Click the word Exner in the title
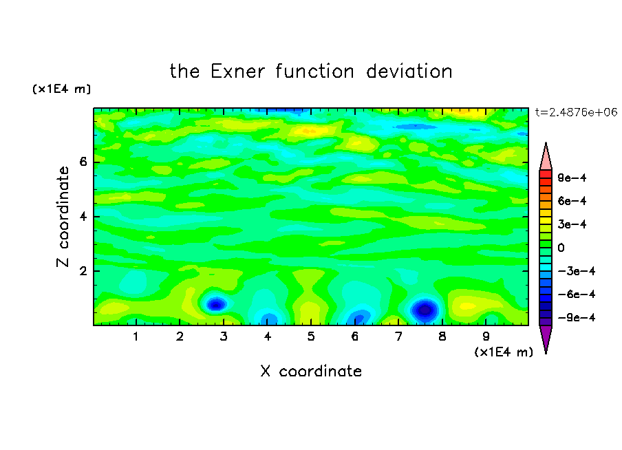[237, 72]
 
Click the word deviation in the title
[409, 72]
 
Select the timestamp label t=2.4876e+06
[576, 112]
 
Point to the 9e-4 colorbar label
[572, 178]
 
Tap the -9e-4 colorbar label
[577, 317]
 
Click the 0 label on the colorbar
[561, 248]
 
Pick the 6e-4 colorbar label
[572, 201]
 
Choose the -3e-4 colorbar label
[577, 271]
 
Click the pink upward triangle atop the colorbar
[546, 158]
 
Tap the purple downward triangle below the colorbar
[546, 337]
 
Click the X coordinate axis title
[311, 371]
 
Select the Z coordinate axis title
[63, 216]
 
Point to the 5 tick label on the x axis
[311, 336]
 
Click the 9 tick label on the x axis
[486, 336]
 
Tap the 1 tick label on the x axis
[136, 336]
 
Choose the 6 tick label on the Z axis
[83, 162]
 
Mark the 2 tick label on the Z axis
[83, 271]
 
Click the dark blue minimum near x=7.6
[425, 310]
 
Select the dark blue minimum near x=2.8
[216, 305]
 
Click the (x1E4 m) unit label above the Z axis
[61, 89]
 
